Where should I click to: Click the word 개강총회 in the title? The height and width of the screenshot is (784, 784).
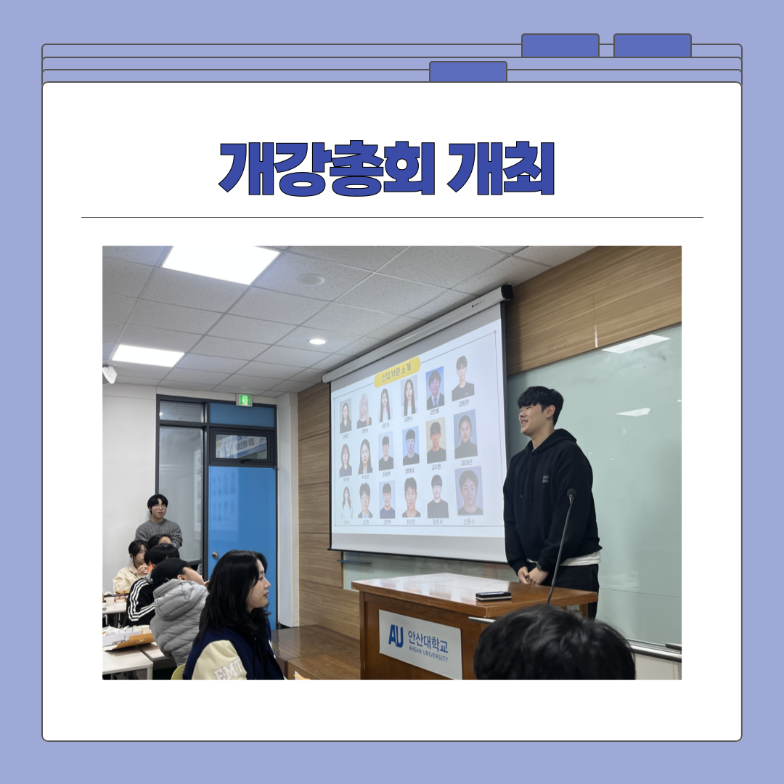(327, 168)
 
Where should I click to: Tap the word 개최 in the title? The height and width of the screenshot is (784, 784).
(501, 168)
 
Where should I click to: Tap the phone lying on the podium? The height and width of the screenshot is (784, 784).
(493, 595)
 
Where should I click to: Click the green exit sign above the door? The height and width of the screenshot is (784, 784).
(245, 400)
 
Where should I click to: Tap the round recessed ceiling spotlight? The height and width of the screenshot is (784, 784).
(317, 341)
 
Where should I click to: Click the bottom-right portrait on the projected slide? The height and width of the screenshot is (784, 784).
(469, 491)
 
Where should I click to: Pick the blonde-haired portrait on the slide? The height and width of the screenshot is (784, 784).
(364, 412)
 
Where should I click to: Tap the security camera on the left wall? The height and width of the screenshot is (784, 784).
(110, 374)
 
